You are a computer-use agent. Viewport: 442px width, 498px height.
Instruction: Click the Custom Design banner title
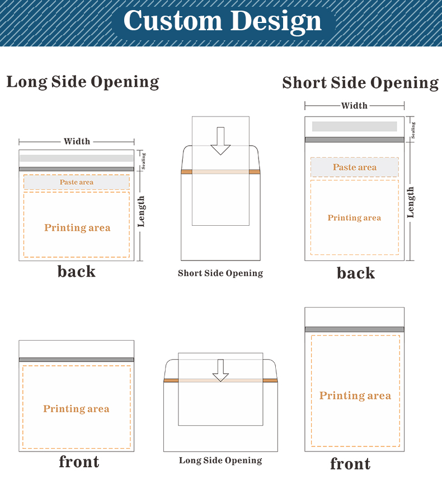[x=223, y=21]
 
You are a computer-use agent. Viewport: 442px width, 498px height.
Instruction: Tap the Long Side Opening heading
[x=83, y=82]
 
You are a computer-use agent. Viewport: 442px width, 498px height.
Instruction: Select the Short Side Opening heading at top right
[x=360, y=83]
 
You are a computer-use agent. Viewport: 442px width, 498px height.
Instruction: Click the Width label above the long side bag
[x=77, y=141]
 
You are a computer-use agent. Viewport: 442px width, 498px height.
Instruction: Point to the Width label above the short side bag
[x=354, y=105]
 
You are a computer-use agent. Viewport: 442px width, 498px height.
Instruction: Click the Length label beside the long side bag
[x=142, y=211]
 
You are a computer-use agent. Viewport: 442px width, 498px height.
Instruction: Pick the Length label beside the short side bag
[x=411, y=202]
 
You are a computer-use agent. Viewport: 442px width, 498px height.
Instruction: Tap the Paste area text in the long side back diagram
[x=77, y=182]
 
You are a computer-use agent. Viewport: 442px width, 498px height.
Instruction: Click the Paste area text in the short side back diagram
[x=355, y=167]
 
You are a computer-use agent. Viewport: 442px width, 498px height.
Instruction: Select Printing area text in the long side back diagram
[x=77, y=227]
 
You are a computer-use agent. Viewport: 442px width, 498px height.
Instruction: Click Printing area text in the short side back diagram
[x=354, y=218]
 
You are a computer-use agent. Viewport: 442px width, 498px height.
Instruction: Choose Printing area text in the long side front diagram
[x=76, y=409]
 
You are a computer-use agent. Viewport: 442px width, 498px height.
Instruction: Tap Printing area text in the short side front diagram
[x=355, y=395]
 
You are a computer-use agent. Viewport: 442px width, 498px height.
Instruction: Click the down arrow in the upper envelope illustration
[x=220, y=141]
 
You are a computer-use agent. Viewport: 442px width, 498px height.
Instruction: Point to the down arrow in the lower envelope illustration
[x=220, y=370]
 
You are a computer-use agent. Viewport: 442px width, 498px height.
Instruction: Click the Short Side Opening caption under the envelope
[x=220, y=273]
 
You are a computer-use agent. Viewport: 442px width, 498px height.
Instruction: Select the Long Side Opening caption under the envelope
[x=220, y=460]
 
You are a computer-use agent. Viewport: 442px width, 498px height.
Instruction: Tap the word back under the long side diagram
[x=77, y=272]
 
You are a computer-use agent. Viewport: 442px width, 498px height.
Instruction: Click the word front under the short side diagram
[x=350, y=464]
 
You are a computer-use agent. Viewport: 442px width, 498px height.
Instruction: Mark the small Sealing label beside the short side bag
[x=413, y=130]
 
